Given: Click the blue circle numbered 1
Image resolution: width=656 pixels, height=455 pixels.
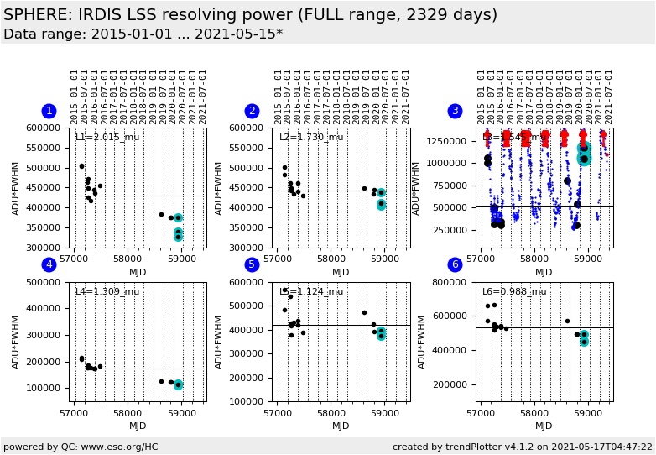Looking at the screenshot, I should [x=49, y=111].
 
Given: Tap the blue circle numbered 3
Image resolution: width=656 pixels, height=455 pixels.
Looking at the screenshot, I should [x=455, y=111].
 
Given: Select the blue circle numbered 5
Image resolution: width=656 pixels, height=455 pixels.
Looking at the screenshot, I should [x=252, y=264].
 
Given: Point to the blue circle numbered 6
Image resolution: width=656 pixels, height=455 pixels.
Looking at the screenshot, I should [x=455, y=264].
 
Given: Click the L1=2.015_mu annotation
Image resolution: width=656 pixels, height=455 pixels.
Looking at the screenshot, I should [x=107, y=137].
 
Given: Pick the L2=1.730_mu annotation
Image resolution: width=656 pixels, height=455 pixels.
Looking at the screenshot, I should [x=310, y=137].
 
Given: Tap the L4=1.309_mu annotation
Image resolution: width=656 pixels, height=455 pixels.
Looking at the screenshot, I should [x=107, y=291].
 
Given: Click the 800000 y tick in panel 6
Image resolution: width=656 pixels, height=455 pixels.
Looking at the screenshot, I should [x=454, y=282].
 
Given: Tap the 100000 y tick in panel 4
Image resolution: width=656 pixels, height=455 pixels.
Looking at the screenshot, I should [x=48, y=388].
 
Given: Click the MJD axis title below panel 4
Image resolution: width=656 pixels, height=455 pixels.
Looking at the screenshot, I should [x=138, y=426].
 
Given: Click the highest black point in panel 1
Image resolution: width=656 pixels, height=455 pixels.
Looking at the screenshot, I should [x=81, y=166].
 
